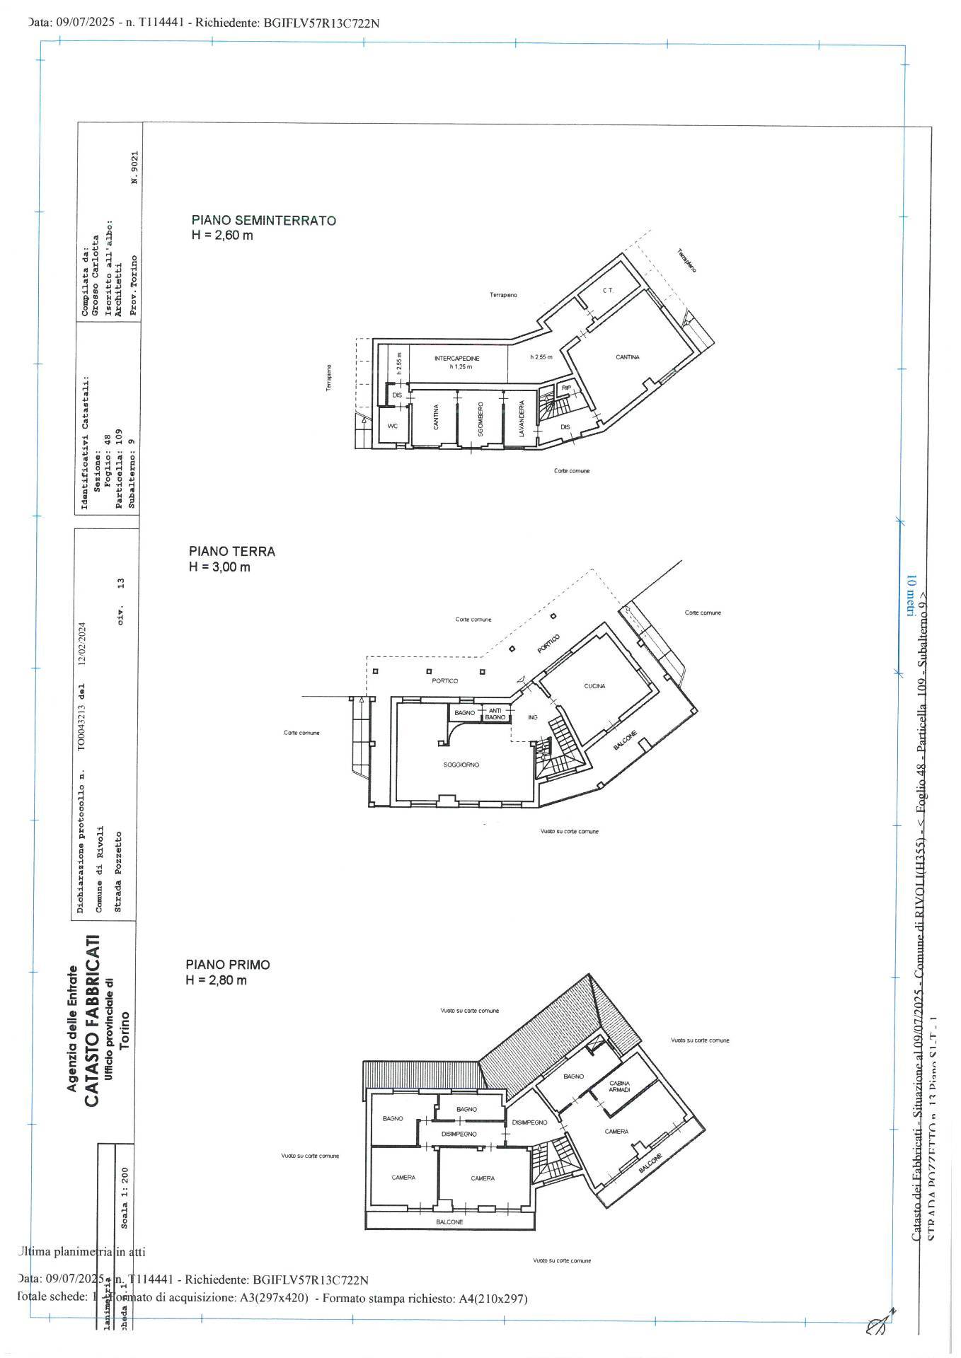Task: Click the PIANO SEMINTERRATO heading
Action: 264,220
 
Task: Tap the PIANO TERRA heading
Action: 232,551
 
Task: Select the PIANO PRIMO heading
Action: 228,964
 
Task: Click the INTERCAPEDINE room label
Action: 457,359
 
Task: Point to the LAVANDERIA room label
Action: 522,419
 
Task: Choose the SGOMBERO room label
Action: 480,420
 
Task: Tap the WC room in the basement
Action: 393,426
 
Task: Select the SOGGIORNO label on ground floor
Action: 462,765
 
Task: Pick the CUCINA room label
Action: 594,685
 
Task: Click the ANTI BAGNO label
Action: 495,714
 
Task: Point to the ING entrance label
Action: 533,717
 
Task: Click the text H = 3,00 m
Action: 219,567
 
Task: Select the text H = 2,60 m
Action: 222,236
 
